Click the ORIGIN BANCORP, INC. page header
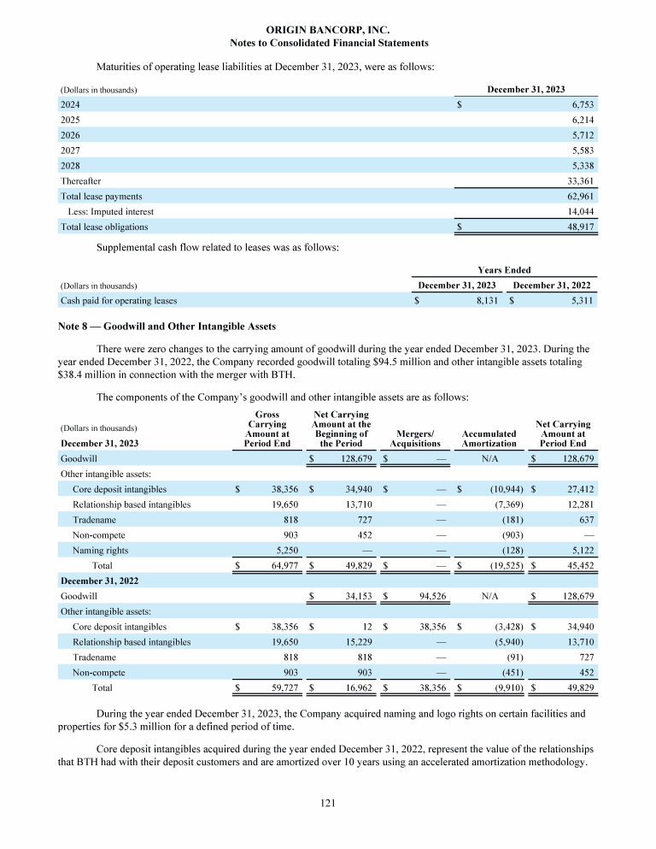pyautogui.click(x=329, y=29)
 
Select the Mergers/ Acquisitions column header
pyautogui.click(x=415, y=439)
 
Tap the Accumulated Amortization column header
pyautogui.click(x=489, y=439)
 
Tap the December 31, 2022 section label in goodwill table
pyautogui.click(x=99, y=580)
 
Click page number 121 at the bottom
pyautogui.click(x=328, y=804)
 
